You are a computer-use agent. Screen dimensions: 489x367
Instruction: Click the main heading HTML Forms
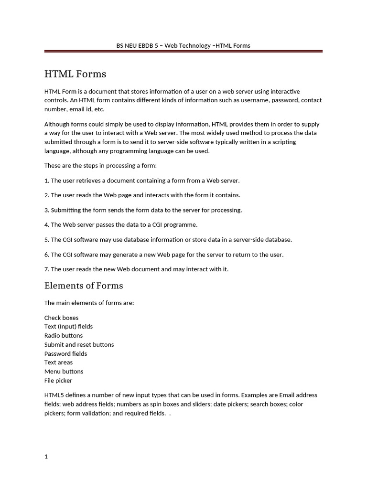pos(75,74)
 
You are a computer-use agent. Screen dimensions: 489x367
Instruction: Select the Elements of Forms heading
pos(84,286)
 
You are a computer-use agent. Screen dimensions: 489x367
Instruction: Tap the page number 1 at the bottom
pos(46,457)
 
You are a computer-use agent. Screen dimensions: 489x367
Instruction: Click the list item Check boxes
pos(61,318)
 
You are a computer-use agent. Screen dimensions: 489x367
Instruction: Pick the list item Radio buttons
pos(64,335)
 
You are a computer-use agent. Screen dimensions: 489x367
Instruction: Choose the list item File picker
pos(58,381)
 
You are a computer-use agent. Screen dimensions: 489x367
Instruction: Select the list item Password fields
pos(65,353)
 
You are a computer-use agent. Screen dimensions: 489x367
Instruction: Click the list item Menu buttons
pos(64,372)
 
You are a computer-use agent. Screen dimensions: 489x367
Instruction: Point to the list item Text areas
pos(58,362)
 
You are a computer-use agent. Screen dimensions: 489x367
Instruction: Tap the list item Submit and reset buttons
pos(79,344)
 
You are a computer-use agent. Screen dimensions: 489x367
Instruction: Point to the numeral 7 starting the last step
pos(46,269)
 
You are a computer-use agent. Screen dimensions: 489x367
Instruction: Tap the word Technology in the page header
pos(194,46)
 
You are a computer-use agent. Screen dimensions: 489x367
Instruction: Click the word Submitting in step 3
pos(67,210)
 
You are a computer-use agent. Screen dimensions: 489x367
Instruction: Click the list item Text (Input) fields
pos(68,327)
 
